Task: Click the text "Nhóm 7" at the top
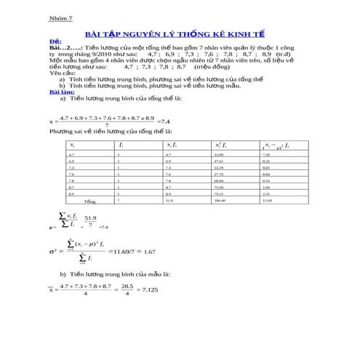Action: [60, 19]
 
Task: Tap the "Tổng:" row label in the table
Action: [90, 200]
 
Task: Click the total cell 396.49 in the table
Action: [220, 200]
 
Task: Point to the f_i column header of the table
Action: [121, 145]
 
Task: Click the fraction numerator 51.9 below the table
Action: [91, 217]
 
